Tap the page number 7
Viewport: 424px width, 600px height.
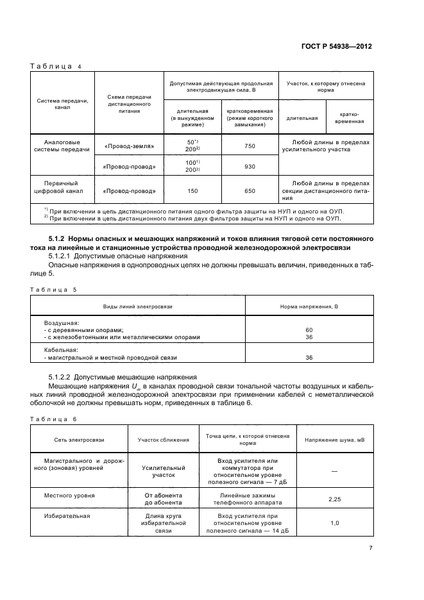[x=371, y=547]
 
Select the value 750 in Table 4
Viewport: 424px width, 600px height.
[x=250, y=147]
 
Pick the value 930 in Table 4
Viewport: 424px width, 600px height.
[x=250, y=167]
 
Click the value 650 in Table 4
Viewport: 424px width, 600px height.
[x=250, y=190]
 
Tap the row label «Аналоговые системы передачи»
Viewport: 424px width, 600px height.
[x=62, y=147]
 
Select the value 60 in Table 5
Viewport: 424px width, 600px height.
[x=309, y=329]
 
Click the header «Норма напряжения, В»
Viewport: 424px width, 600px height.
[x=309, y=307]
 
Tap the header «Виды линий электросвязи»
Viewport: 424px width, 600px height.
[x=138, y=307]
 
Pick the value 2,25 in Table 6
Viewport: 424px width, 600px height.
[x=334, y=498]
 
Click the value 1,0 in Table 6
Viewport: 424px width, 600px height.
[x=334, y=523]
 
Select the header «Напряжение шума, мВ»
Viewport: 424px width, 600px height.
[x=334, y=440]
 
